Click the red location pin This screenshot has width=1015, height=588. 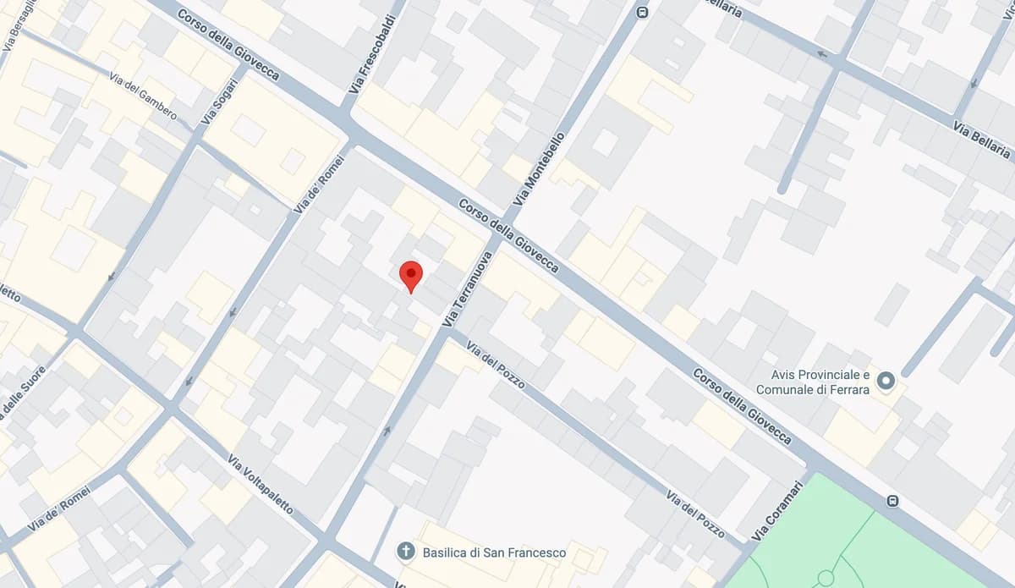click(x=410, y=275)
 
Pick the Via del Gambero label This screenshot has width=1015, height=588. click(x=143, y=96)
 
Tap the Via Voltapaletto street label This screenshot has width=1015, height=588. click(x=261, y=484)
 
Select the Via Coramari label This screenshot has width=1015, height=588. click(x=776, y=511)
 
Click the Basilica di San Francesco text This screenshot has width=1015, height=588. click(x=494, y=552)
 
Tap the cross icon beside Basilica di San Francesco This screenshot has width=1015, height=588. click(x=406, y=552)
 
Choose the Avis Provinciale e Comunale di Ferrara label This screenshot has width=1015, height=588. click(x=813, y=382)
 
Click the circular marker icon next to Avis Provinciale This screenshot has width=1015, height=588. click(x=886, y=381)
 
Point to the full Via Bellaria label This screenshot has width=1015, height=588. click(x=981, y=140)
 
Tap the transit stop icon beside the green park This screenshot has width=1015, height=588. click(x=892, y=501)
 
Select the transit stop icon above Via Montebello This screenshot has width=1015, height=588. click(x=642, y=13)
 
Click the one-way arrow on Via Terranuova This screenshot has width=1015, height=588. click(x=387, y=431)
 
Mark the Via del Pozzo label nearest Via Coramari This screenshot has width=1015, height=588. click(x=695, y=513)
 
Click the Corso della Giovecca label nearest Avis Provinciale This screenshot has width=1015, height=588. click(x=742, y=406)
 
